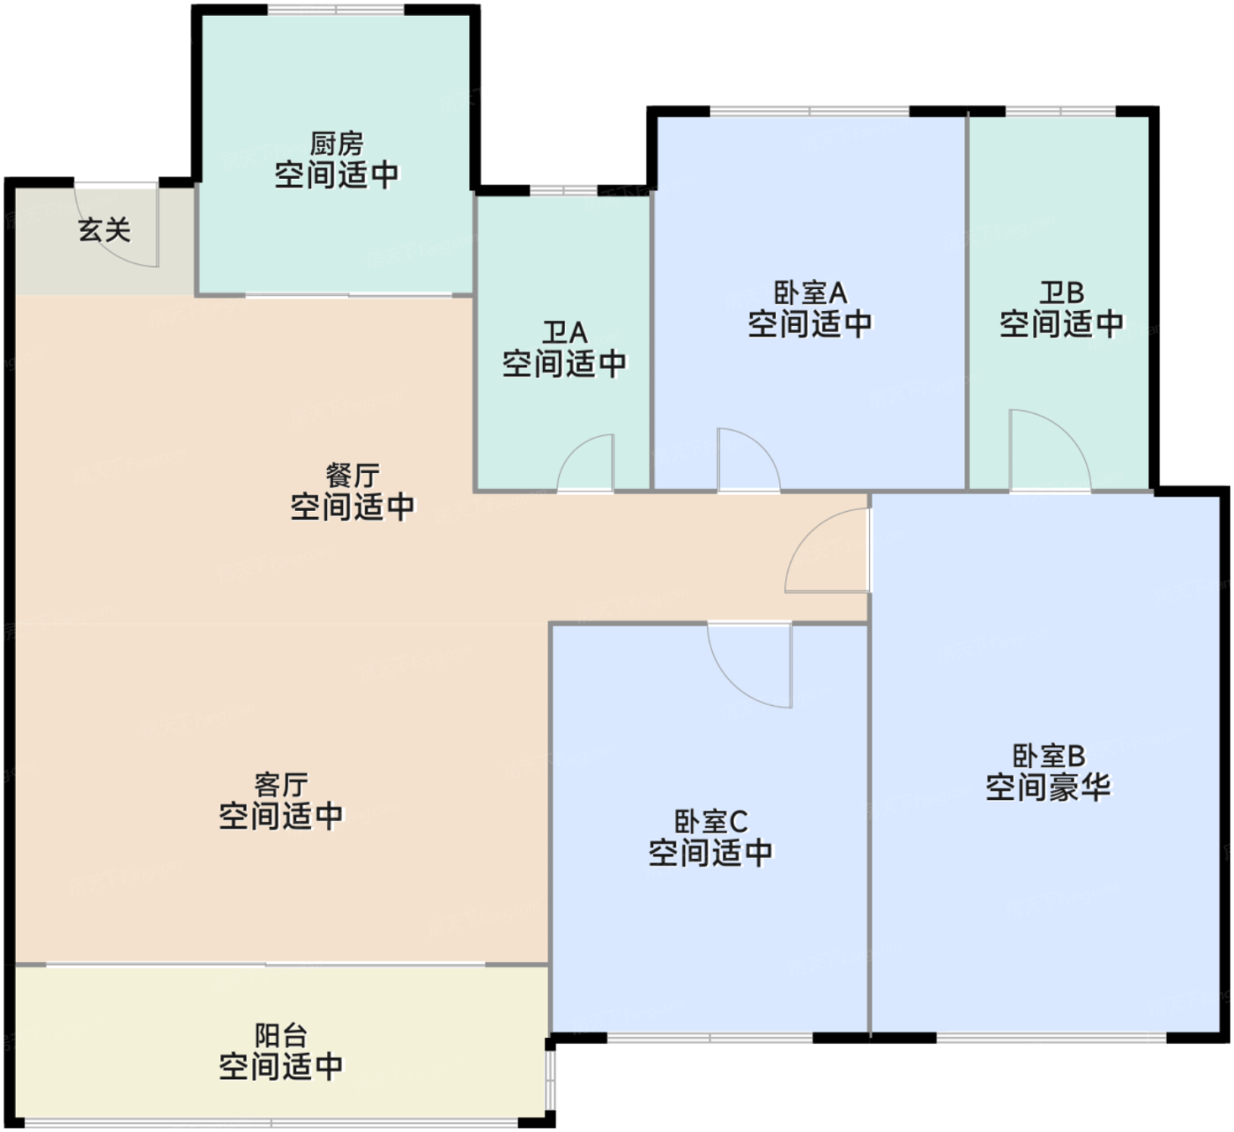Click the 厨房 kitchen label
point(337,144)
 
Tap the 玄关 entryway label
point(105,231)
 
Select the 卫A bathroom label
point(564,333)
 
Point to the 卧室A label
point(810,292)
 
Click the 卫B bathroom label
point(1061,292)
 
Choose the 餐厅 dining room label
point(353,476)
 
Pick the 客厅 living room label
point(281,785)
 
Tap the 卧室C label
point(710,822)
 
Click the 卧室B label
point(1049,756)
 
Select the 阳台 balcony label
point(281,1036)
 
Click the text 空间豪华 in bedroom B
point(1049,787)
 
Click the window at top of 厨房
point(336,10)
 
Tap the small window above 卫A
point(563,190)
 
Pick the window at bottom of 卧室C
point(710,1039)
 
